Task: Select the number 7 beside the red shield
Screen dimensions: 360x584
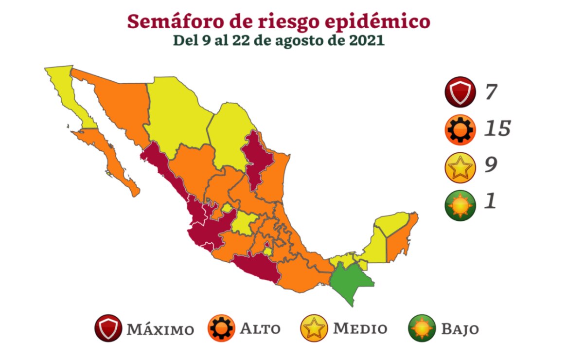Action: (x=490, y=92)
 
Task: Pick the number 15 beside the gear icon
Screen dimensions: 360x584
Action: (x=497, y=129)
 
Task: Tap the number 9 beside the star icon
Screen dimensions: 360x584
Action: (x=490, y=165)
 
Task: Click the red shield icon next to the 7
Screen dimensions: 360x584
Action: (x=459, y=92)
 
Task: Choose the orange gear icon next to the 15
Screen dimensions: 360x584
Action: (x=459, y=129)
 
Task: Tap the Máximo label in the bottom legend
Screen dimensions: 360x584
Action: (x=160, y=329)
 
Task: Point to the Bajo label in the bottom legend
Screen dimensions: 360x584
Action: (x=460, y=329)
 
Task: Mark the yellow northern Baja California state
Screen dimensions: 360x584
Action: (x=68, y=92)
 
